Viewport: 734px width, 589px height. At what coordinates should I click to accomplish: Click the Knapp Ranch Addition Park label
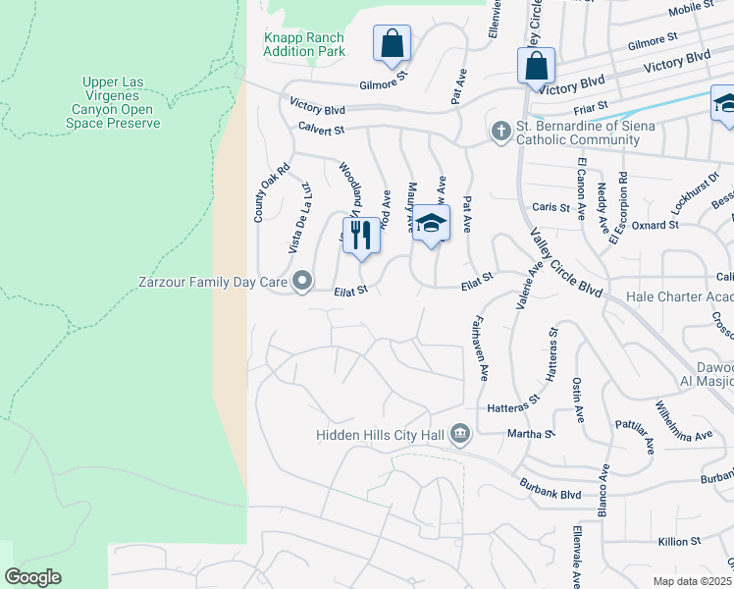(x=304, y=43)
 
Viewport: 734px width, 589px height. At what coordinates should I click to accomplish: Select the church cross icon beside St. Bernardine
(x=500, y=132)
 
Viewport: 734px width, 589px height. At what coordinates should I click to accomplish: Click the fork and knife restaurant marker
(x=361, y=236)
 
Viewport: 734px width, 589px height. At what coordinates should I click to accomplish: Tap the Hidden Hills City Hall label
(x=381, y=434)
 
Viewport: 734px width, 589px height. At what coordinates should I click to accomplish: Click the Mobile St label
(x=691, y=9)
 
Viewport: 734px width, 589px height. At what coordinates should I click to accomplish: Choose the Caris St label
(x=550, y=207)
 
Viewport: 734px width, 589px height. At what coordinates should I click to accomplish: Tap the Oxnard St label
(x=659, y=225)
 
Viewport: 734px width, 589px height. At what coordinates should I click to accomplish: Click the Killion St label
(x=678, y=541)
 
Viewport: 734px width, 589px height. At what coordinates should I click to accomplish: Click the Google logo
(x=32, y=577)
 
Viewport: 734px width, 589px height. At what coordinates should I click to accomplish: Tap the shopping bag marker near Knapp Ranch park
(x=391, y=44)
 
